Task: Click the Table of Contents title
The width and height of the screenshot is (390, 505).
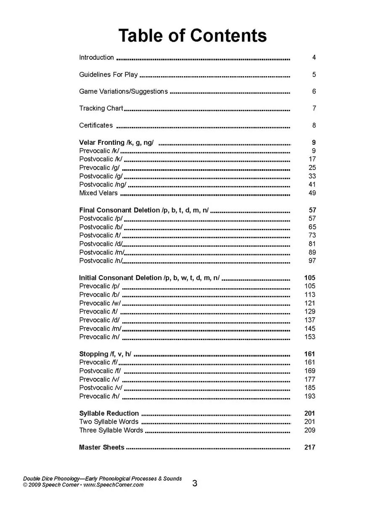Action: pyautogui.click(x=192, y=36)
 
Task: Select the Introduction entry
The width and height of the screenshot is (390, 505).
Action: pyautogui.click(x=96, y=58)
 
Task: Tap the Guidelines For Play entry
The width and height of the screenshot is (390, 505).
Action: pyautogui.click(x=108, y=74)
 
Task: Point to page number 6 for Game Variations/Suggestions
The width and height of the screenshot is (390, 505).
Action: pyautogui.click(x=314, y=91)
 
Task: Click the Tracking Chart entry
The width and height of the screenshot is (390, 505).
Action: pyautogui.click(x=101, y=108)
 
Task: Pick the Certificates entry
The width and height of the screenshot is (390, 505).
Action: pyautogui.click(x=96, y=125)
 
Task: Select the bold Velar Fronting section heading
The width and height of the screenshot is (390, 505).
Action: pyautogui.click(x=116, y=143)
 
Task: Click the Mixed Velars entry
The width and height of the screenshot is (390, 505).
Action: pyautogui.click(x=98, y=193)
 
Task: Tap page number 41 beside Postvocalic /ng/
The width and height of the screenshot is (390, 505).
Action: pyautogui.click(x=312, y=184)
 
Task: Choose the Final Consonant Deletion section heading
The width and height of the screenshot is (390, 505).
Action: pyautogui.click(x=143, y=210)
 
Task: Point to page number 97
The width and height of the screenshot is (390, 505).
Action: pyautogui.click(x=312, y=261)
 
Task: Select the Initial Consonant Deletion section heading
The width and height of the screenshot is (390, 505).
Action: pyautogui.click(x=149, y=278)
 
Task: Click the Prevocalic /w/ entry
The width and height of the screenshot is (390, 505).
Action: pyautogui.click(x=100, y=303)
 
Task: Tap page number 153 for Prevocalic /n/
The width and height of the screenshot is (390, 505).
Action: pyautogui.click(x=310, y=337)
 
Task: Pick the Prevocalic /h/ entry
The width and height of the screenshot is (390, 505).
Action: pyautogui.click(x=99, y=396)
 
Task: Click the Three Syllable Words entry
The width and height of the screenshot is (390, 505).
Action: pyautogui.click(x=111, y=430)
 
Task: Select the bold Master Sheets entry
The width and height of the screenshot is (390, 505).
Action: pyautogui.click(x=102, y=447)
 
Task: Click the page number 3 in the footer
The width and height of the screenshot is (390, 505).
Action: pyautogui.click(x=195, y=484)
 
